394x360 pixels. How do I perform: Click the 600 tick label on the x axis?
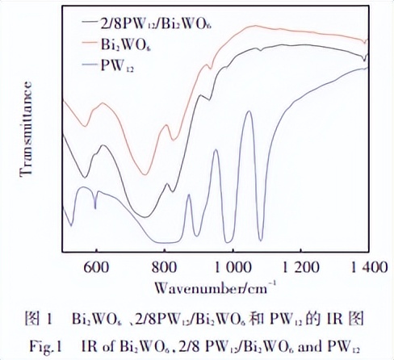[x=96, y=267]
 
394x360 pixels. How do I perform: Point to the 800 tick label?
[x=164, y=267]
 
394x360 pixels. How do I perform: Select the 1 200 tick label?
[x=301, y=267]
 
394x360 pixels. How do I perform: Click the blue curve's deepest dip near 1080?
[x=261, y=240]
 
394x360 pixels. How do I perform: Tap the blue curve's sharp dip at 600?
[x=95, y=208]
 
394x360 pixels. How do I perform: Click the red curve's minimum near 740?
[x=145, y=173]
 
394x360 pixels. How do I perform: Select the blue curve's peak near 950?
[x=216, y=151]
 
